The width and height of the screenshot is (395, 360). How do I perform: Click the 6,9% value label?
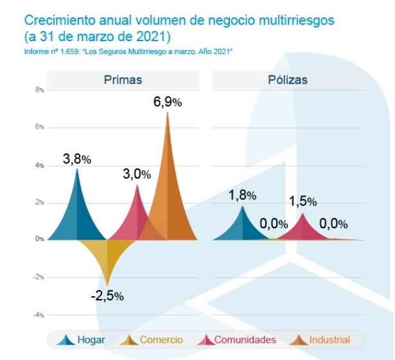click(168, 102)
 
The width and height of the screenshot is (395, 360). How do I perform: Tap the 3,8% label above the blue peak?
click(76, 159)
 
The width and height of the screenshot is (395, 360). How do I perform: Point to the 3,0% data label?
click(137, 174)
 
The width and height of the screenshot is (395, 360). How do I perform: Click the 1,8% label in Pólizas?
click(243, 195)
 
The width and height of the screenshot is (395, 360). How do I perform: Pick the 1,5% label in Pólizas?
click(302, 202)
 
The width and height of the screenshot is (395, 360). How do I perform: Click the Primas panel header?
click(123, 80)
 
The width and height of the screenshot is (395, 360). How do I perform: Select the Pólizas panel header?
click(288, 80)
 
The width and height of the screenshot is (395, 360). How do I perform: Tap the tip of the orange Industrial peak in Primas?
click(168, 113)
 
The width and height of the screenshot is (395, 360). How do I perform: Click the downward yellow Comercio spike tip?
click(107, 285)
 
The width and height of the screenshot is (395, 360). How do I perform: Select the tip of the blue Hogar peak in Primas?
click(77, 169)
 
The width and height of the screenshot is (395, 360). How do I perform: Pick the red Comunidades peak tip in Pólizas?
click(302, 213)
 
